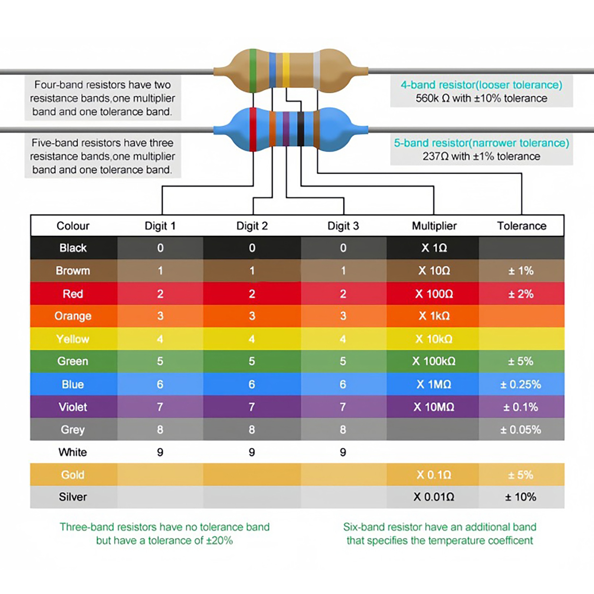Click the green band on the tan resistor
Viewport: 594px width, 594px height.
point(253,71)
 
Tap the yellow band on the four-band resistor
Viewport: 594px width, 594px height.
point(286,70)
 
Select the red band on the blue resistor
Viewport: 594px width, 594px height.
point(253,130)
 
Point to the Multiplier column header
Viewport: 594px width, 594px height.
point(434,226)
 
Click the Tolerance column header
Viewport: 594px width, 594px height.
point(522,226)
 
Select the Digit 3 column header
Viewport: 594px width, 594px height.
point(343,226)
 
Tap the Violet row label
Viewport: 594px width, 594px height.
point(73,407)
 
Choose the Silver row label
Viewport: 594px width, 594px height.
point(73,497)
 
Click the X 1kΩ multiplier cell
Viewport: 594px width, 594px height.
point(434,316)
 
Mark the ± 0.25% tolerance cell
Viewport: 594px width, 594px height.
point(520,384)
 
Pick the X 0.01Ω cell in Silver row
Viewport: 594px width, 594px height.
point(434,497)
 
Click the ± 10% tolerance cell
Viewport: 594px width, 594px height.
point(520,497)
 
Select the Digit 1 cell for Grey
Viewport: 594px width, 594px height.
point(160,430)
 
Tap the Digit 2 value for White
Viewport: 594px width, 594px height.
point(252,452)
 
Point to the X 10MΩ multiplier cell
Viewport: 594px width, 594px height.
point(434,407)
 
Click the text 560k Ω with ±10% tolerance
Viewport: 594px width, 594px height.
point(481,98)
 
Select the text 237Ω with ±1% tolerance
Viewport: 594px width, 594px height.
point(481,156)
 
